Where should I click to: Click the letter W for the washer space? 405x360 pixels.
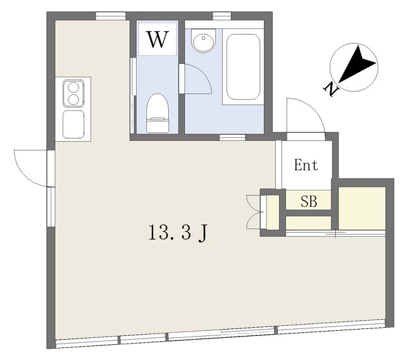point(158,39)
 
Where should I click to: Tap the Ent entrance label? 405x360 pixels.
point(306,165)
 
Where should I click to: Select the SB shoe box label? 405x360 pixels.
point(309,201)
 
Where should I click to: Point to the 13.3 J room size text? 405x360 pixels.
point(178,232)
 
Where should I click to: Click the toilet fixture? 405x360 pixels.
point(158,113)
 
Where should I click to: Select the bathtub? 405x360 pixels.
point(243,66)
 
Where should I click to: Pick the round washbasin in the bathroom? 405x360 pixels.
point(203,40)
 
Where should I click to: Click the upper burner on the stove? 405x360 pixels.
point(73,87)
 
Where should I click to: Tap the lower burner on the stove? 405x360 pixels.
point(73,99)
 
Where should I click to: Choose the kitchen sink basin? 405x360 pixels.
point(73,125)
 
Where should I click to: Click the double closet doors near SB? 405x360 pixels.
point(254,212)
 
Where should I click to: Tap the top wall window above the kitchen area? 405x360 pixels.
point(111,16)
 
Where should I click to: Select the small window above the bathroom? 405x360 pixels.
point(222,16)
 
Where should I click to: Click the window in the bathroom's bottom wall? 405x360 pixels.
point(232,138)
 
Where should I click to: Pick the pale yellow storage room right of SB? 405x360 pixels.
point(362,208)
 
